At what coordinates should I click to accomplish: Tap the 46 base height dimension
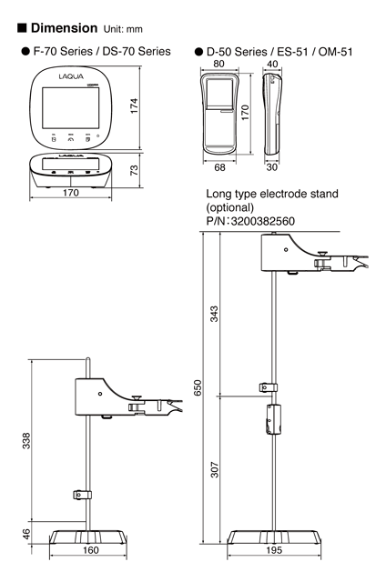click(27, 535)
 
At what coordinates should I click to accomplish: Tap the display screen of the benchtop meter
click(87, 107)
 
